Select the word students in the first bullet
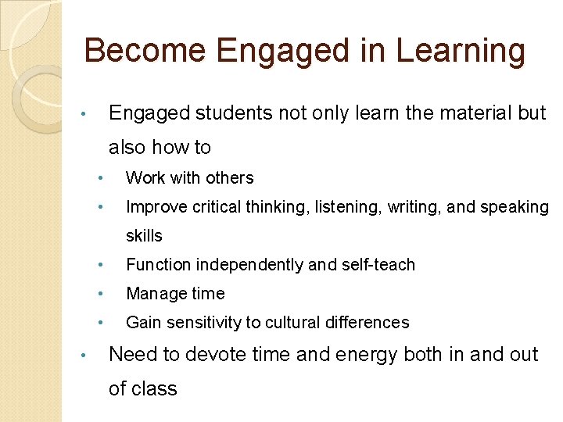tap(231, 113)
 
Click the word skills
tap(144, 235)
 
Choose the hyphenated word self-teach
tap(378, 265)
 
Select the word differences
tap(371, 322)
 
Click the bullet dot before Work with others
tap(101, 178)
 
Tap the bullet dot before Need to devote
tap(84, 355)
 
